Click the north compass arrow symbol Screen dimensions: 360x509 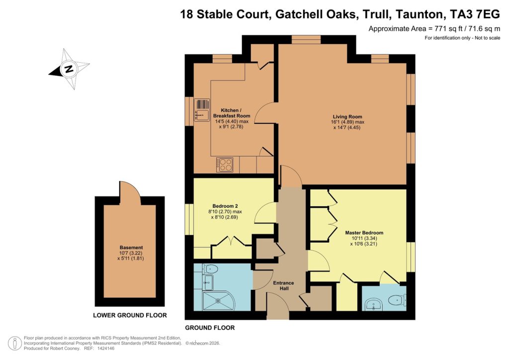point(69,69)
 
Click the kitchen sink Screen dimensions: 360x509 point(201,110)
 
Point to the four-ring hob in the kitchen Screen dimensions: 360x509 point(225,164)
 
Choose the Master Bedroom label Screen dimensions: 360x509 point(364,232)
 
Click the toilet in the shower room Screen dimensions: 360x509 point(211,269)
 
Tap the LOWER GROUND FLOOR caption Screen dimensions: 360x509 point(130,315)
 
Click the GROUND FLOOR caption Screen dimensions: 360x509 point(210,328)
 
